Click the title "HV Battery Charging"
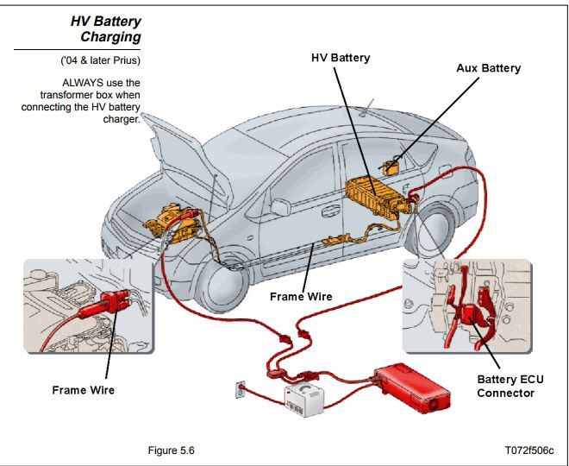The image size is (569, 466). (x=105, y=28)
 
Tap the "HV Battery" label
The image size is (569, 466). (x=340, y=58)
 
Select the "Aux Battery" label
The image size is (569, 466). (x=488, y=67)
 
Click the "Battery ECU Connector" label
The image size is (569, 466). (x=510, y=386)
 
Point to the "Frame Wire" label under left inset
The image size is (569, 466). (x=83, y=390)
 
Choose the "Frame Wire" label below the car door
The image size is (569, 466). (x=301, y=296)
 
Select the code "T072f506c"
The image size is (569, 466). (x=529, y=450)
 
